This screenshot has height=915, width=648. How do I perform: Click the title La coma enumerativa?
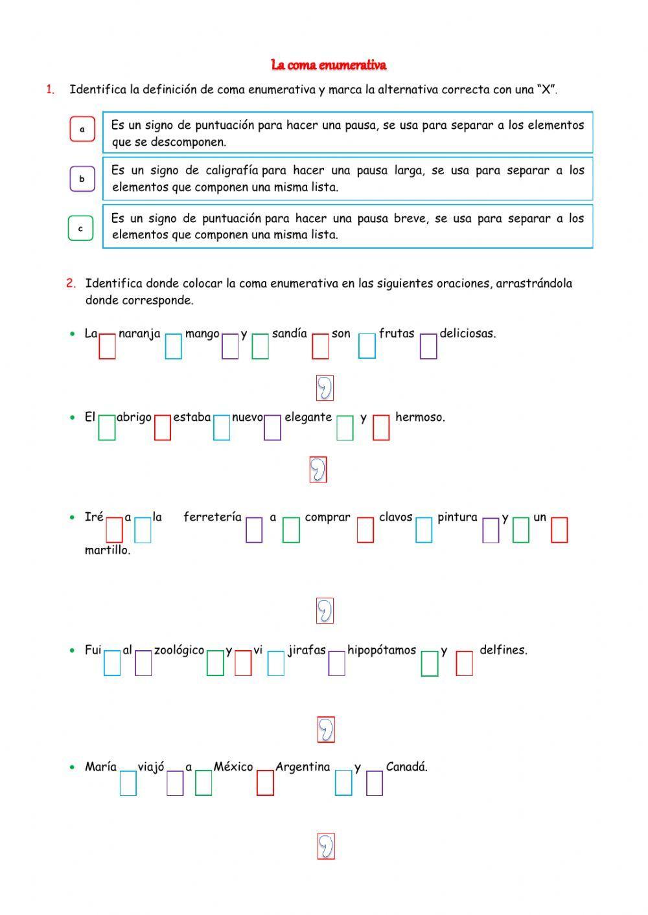coord(329,65)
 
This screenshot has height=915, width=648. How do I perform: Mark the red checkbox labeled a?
coord(82,129)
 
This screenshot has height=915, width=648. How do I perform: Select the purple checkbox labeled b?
coord(82,179)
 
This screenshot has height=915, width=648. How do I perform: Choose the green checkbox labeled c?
coord(80,229)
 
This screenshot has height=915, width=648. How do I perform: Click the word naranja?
coord(139,334)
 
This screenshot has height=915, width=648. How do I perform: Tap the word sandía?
coord(289,334)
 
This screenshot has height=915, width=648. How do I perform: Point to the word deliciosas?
coord(467,334)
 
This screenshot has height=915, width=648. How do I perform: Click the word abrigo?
coord(134,418)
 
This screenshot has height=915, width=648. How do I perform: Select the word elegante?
coord(308,418)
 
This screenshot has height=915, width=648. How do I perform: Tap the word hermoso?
coord(420,418)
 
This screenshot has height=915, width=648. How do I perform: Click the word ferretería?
coord(213,517)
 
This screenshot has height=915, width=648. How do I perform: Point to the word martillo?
coord(108,551)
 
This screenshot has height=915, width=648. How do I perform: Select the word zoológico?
coord(179,650)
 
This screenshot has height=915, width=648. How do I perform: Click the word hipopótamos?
coord(382,650)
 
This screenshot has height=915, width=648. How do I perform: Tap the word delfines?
coord(503,650)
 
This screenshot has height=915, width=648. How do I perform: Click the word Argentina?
coord(303,767)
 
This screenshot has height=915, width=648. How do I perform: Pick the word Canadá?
coord(406,767)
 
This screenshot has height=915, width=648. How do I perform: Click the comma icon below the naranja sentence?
coord(325,388)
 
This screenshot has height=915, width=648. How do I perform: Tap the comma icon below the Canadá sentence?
coord(325,846)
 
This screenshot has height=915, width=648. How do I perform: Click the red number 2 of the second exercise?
coord(71,283)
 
